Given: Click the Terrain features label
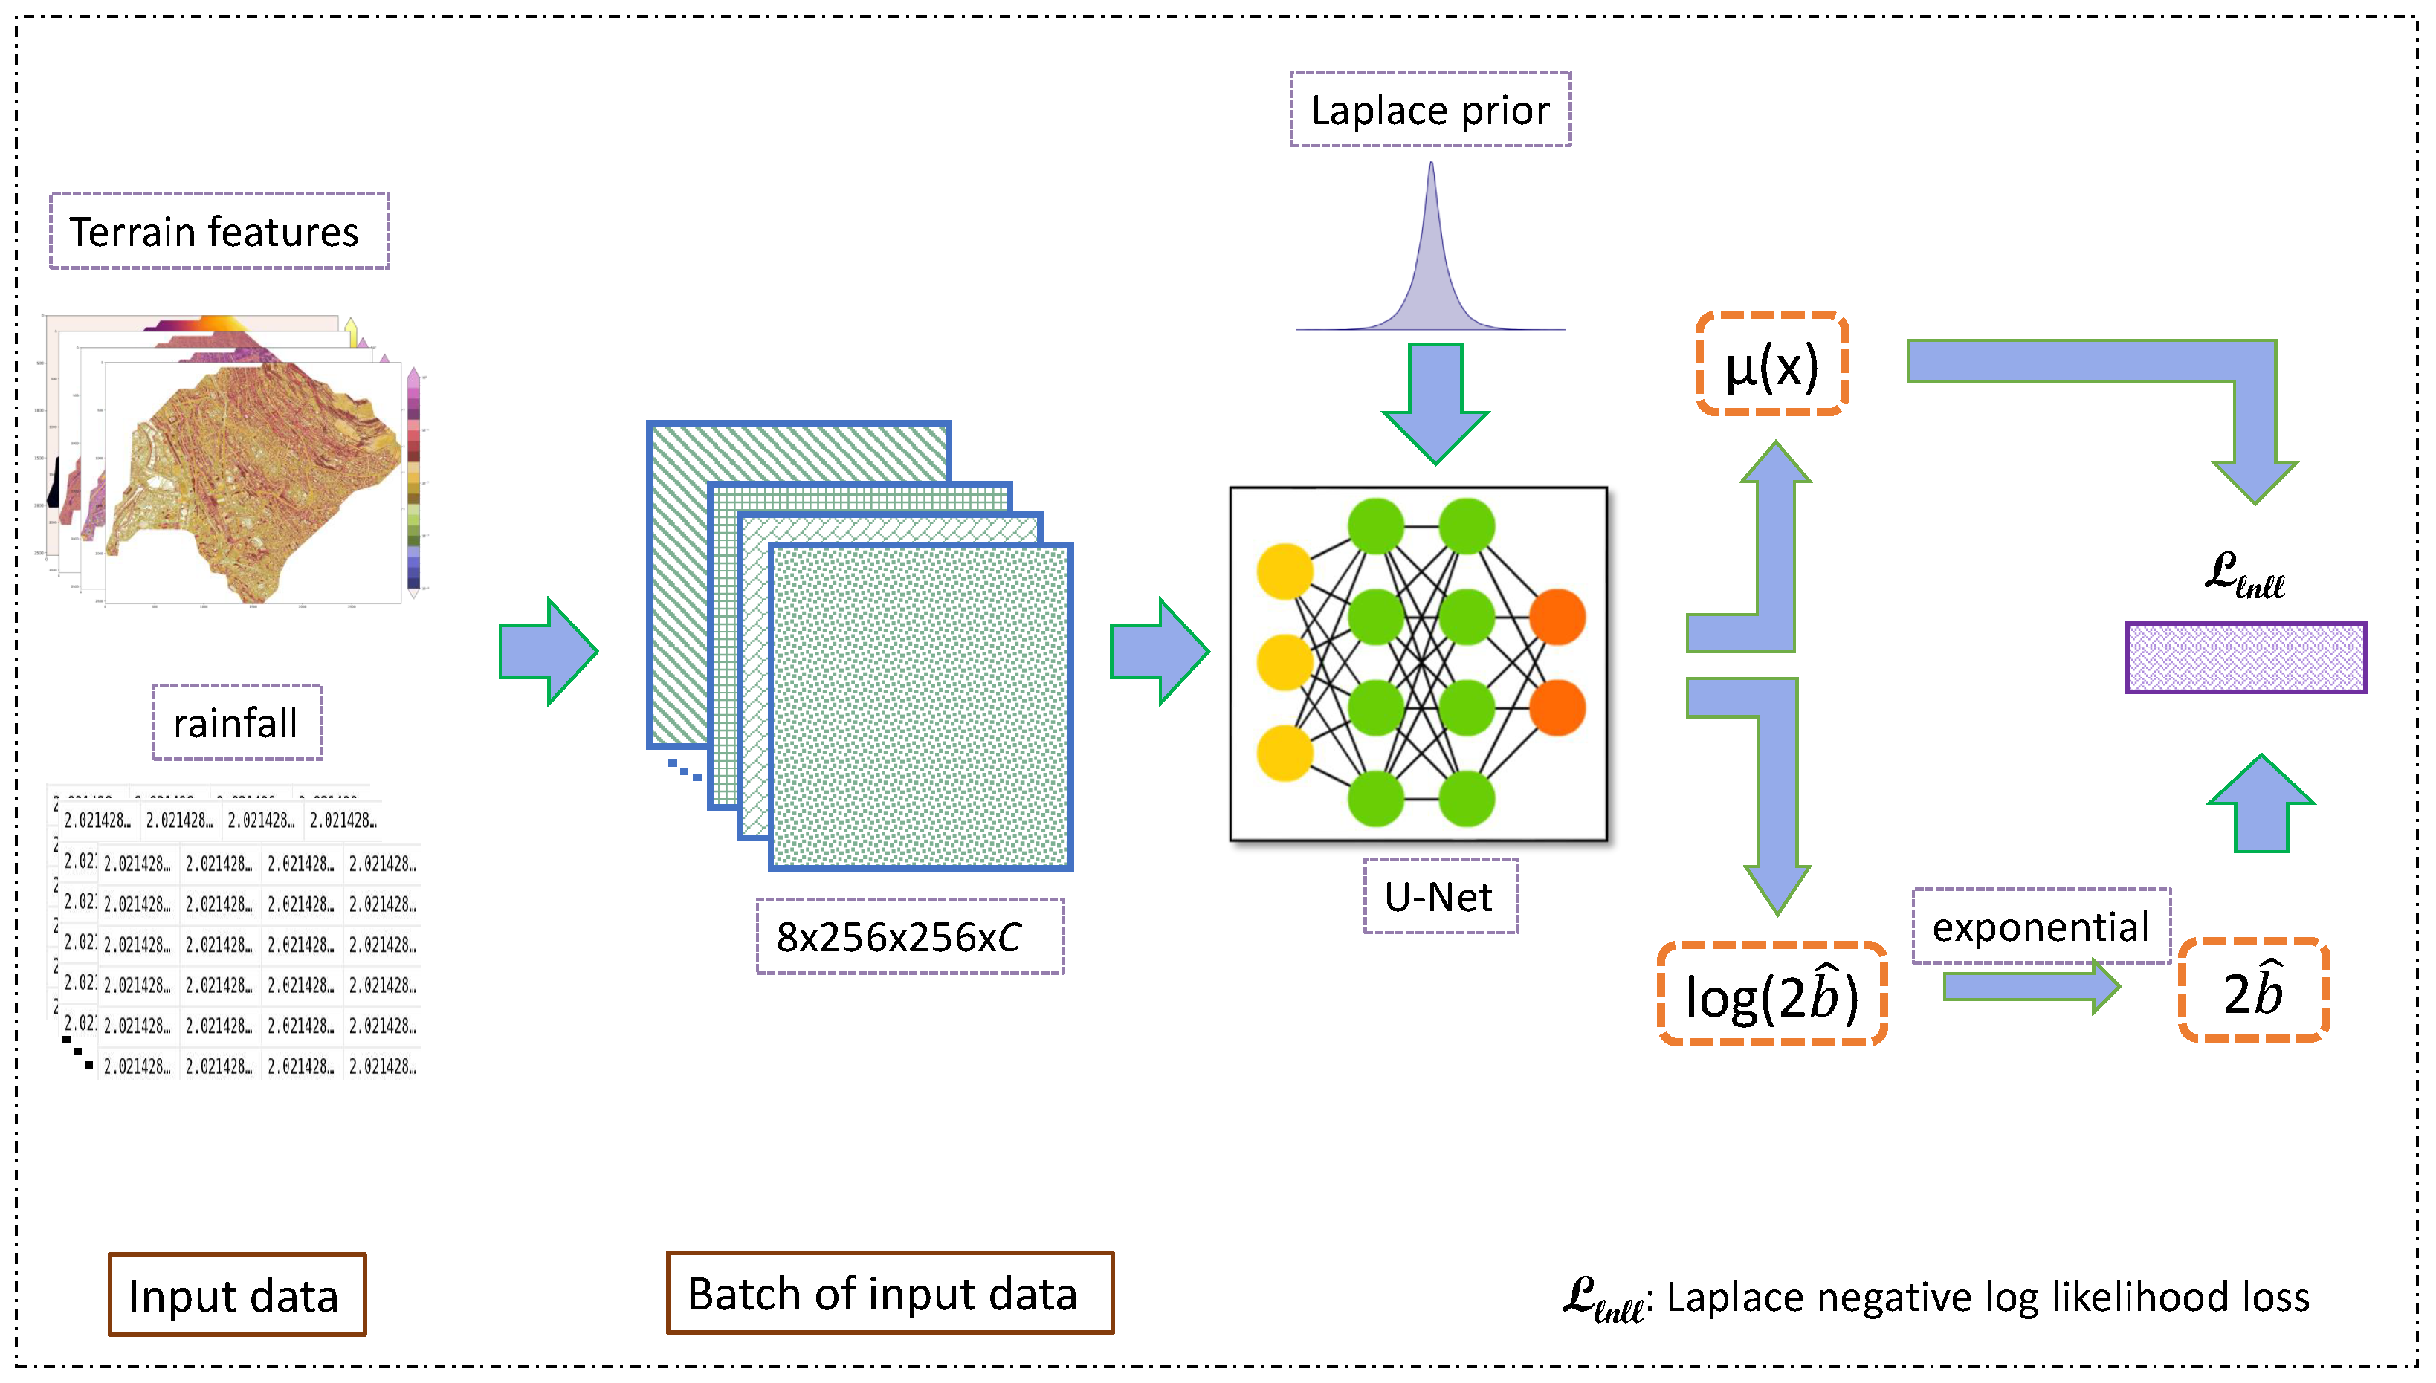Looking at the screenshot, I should pyautogui.click(x=219, y=232).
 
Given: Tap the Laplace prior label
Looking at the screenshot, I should pyautogui.click(x=1430, y=109).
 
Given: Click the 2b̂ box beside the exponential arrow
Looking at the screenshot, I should pyautogui.click(x=2252, y=991).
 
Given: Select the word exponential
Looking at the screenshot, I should pyautogui.click(x=2040, y=926).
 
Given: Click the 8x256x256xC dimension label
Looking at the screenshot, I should pyautogui.click(x=908, y=936).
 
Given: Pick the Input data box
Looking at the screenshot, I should pyautogui.click(x=236, y=1295).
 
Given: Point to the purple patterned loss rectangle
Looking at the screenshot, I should pyautogui.click(x=2246, y=657).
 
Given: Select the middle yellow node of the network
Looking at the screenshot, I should pyautogui.click(x=1285, y=662).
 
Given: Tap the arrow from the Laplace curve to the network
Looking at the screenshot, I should pyautogui.click(x=1435, y=399).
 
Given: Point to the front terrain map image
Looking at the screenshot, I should pyautogui.click(x=252, y=482).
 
